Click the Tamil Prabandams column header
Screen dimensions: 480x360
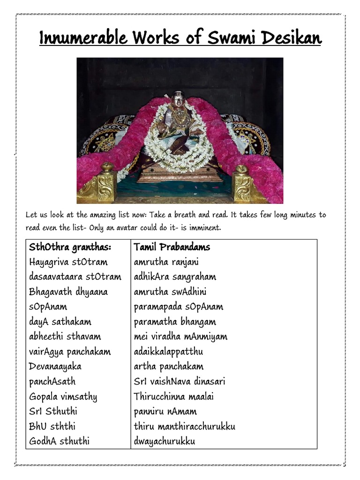[x=172, y=247]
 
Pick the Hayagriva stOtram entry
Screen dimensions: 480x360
[x=68, y=262]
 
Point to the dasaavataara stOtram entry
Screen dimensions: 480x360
[x=75, y=277]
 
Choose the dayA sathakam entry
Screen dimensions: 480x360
[x=60, y=322]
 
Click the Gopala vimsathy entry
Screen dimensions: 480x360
[x=63, y=397]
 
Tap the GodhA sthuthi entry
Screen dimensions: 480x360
[x=59, y=441]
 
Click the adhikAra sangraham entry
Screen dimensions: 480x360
[x=175, y=277]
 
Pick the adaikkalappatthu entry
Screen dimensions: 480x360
[x=168, y=352]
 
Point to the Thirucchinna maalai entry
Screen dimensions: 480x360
[x=173, y=397]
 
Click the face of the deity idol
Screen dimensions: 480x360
[x=178, y=100]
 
